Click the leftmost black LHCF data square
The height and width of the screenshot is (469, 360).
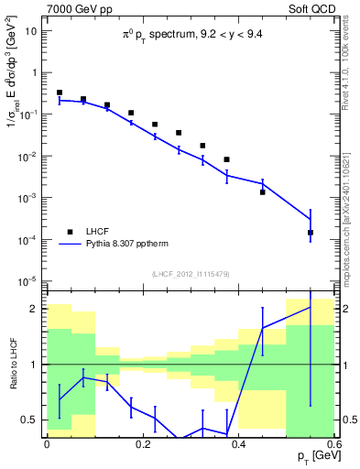pyautogui.click(x=60, y=93)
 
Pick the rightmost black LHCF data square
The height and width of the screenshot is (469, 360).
pyautogui.click(x=311, y=233)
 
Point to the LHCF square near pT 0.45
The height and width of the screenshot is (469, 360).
pyautogui.click(x=262, y=192)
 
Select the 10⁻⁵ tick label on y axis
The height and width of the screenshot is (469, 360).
pyautogui.click(x=27, y=280)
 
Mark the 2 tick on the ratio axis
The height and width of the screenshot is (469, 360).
pyautogui.click(x=36, y=309)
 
